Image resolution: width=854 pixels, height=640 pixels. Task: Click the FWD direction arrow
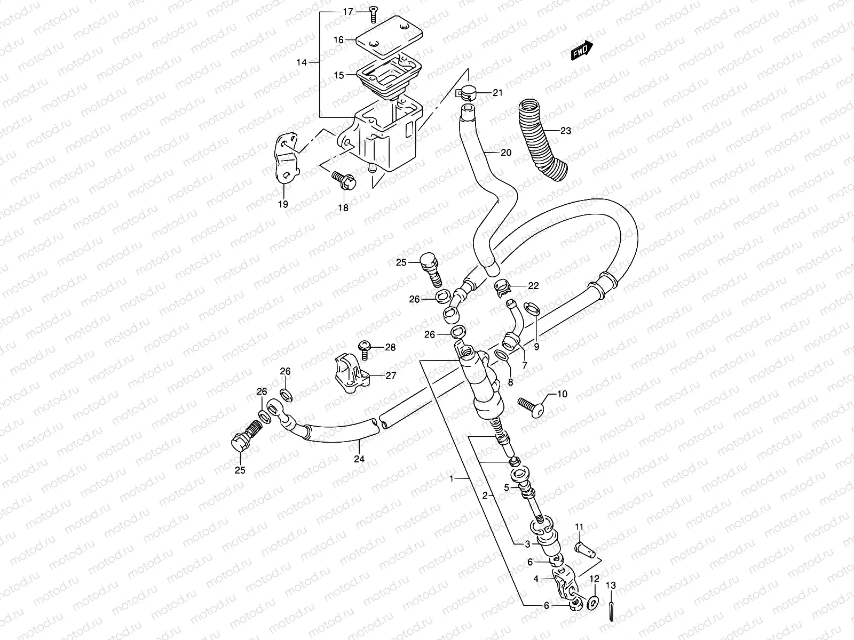[581, 51]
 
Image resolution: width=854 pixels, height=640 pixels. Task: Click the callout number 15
[339, 75]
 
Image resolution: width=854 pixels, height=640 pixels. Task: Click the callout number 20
[506, 153]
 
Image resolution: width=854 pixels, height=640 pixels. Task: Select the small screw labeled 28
[366, 348]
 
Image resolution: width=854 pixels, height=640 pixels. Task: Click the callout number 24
[359, 459]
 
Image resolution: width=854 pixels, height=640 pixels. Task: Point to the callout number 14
[302, 62]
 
